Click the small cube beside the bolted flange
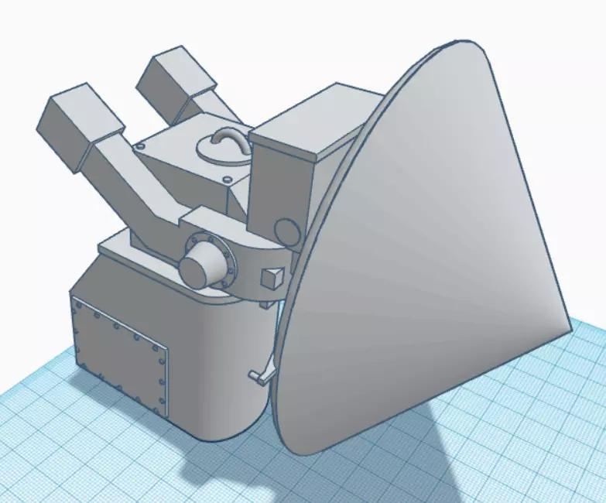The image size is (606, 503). point(272,276)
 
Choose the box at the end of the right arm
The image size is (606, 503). point(176,83)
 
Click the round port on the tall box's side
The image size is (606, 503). point(287,231)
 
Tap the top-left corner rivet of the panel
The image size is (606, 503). point(75,304)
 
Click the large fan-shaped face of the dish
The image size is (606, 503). point(433,255)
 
